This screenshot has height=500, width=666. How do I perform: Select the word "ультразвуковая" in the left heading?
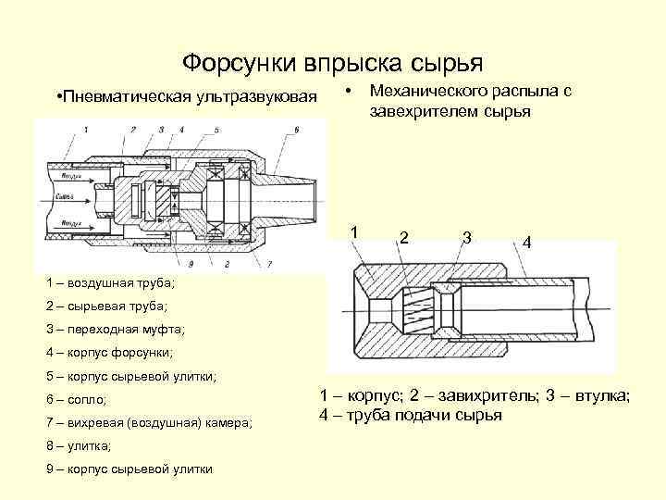(255, 97)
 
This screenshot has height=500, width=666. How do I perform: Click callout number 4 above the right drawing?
(525, 242)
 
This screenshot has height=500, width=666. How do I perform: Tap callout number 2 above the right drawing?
(404, 237)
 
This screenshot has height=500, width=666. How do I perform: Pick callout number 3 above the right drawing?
(467, 237)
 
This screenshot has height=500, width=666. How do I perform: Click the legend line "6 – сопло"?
(76, 399)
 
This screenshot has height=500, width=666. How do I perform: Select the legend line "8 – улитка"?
(78, 445)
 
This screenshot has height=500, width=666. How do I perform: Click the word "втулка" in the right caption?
(601, 396)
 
